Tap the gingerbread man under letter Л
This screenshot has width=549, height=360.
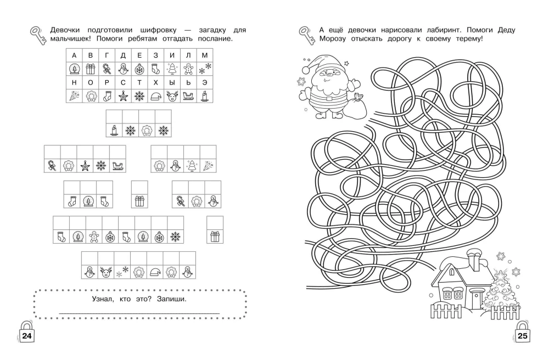188,69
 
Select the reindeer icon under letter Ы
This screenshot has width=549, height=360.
171,96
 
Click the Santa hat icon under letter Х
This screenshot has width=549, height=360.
155,96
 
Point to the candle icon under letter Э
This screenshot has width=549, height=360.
204,96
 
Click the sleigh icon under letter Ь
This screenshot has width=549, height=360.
188,96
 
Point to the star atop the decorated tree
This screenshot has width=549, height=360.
498,273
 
